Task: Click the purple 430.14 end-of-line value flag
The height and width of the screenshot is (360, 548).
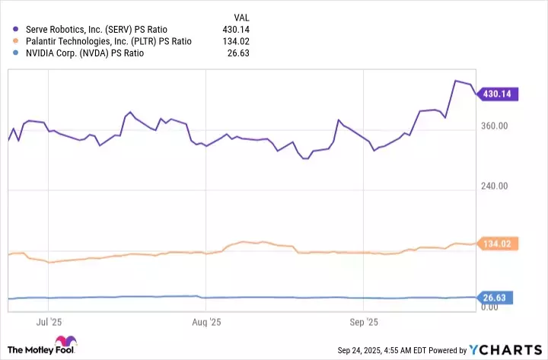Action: pyautogui.click(x=495, y=94)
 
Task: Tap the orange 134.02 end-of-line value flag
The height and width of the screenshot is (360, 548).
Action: pyautogui.click(x=495, y=244)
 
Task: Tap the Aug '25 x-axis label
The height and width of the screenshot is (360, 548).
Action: pyautogui.click(x=206, y=321)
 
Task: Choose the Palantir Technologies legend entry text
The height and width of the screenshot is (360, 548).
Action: pyautogui.click(x=109, y=41)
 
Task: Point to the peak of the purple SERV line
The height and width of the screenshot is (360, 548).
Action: pyautogui.click(x=455, y=81)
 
